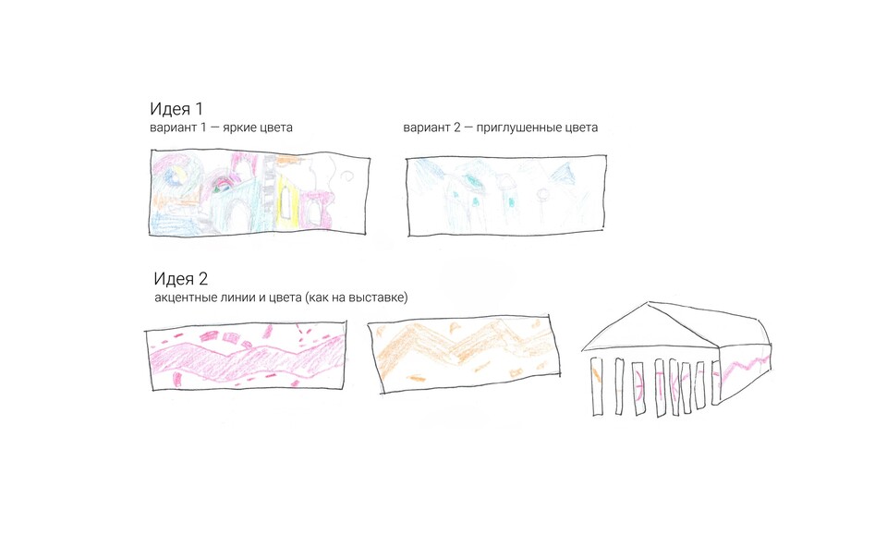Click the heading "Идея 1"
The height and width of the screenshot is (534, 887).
tap(176, 109)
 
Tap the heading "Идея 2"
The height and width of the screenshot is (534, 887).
tap(180, 278)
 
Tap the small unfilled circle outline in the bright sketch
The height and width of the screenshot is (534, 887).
tap(347, 176)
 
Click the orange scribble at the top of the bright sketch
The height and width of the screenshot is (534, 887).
tap(288, 160)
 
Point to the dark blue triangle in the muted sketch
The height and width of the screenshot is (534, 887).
tap(565, 172)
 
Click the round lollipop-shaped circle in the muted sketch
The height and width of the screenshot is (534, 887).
tap(542, 195)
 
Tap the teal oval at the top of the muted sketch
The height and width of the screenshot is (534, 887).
tap(470, 179)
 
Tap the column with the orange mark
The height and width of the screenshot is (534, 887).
tap(596, 386)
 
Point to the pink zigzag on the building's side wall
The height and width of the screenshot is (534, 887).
tap(745, 366)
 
